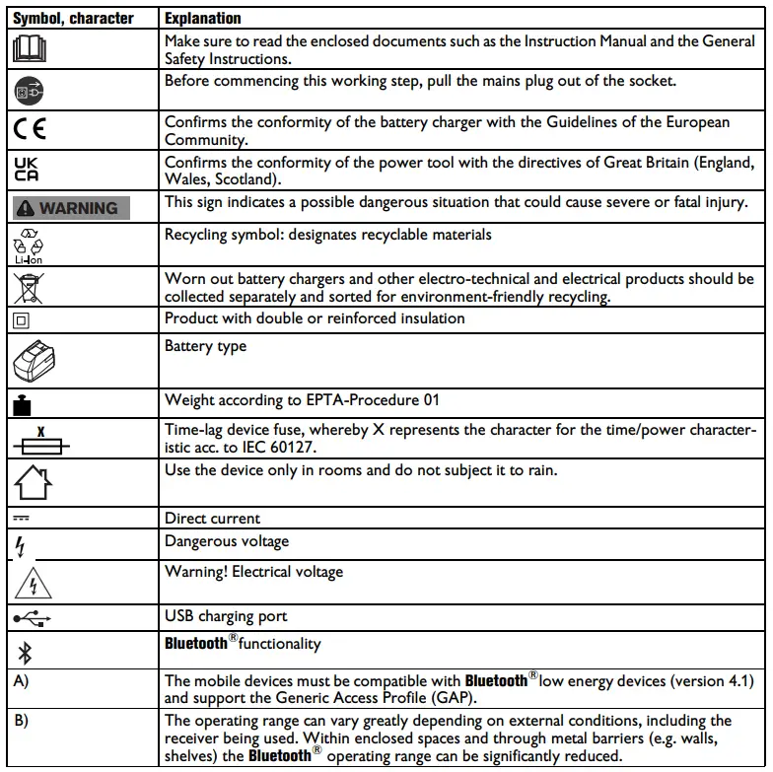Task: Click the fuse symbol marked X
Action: (41, 440)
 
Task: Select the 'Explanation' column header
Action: (202, 18)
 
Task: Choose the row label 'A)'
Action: (21, 680)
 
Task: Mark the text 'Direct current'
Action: (212, 518)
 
